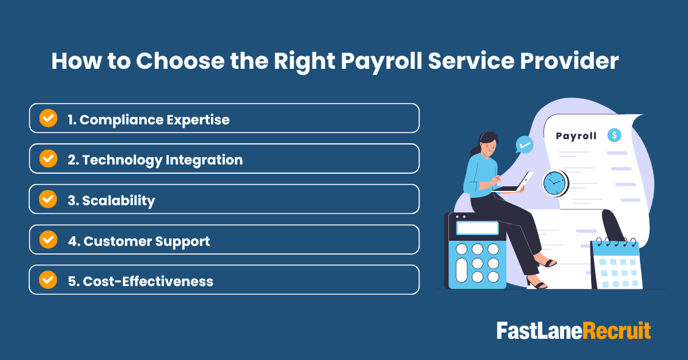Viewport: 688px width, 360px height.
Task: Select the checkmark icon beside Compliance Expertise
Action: [x=48, y=119]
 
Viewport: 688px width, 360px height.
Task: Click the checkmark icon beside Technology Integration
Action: [x=48, y=159]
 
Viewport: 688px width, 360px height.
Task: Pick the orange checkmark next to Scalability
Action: [x=48, y=199]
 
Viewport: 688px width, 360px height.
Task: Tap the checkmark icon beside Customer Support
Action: [x=48, y=240]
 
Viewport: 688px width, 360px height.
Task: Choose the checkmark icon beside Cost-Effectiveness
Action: [x=48, y=280]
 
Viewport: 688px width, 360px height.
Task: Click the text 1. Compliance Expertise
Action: [x=148, y=119]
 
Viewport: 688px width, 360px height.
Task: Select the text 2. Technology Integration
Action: [x=155, y=159]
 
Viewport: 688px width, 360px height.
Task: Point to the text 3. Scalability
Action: [x=111, y=200]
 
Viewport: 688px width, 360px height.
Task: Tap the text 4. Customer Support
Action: [x=139, y=241]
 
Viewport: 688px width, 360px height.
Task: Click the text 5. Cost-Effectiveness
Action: [x=140, y=281]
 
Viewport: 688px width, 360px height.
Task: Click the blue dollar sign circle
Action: [x=615, y=135]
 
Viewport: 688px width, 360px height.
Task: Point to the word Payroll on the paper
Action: [x=576, y=136]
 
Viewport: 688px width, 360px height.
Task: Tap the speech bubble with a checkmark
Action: [x=523, y=144]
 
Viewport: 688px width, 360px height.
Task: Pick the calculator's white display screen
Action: [x=477, y=228]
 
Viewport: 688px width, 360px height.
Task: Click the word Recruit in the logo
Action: [x=617, y=331]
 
